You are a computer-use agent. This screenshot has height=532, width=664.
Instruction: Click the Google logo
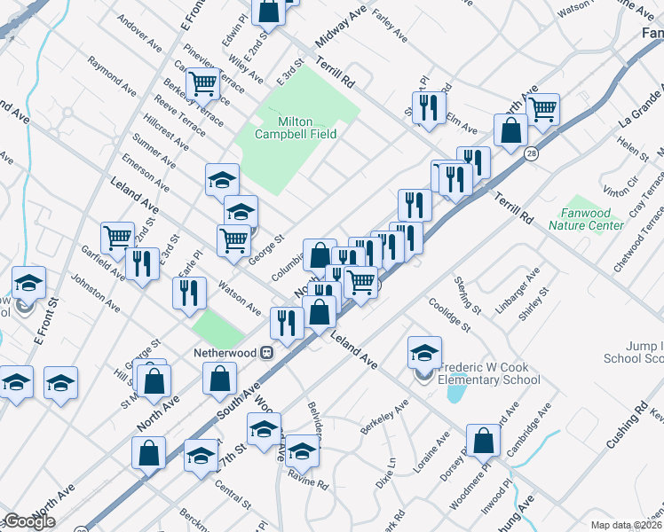(x=29, y=521)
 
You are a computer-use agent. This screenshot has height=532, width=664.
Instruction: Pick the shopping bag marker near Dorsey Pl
(x=483, y=441)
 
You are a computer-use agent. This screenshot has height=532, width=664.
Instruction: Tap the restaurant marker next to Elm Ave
(x=429, y=107)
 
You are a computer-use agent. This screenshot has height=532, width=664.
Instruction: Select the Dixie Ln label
(x=384, y=484)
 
